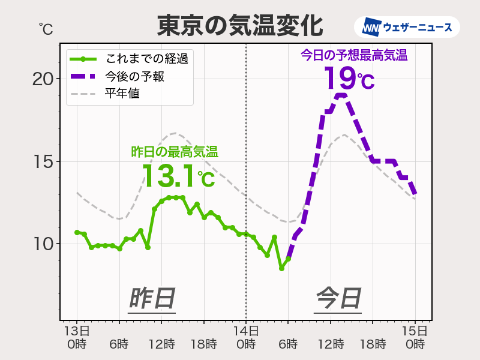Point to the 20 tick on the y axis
click(43, 79)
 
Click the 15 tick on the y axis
click(43, 161)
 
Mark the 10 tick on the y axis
click(43, 244)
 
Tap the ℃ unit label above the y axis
click(46, 28)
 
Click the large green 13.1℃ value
click(178, 176)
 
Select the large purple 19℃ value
click(349, 78)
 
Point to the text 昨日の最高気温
click(174, 152)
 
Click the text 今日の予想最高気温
click(353, 56)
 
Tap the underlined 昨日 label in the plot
click(152, 298)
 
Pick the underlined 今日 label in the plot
click(338, 298)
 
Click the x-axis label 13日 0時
click(77, 337)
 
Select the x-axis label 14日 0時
click(246, 337)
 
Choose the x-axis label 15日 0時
click(415, 337)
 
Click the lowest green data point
click(281, 268)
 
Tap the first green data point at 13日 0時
click(77, 232)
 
